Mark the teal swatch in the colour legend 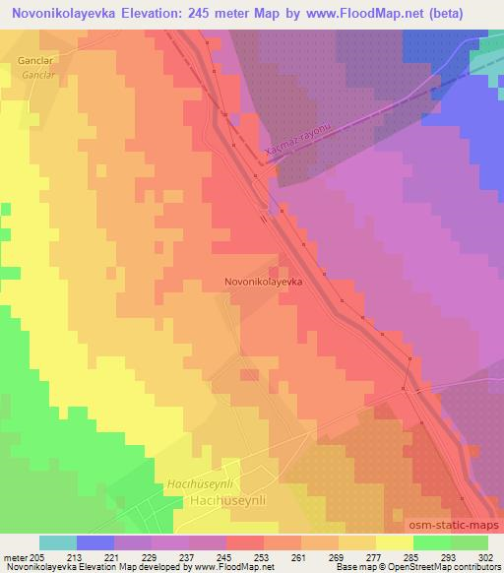click(58, 542)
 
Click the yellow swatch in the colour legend click(395, 542)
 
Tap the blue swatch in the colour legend click(95, 542)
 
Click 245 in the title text click(210, 11)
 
